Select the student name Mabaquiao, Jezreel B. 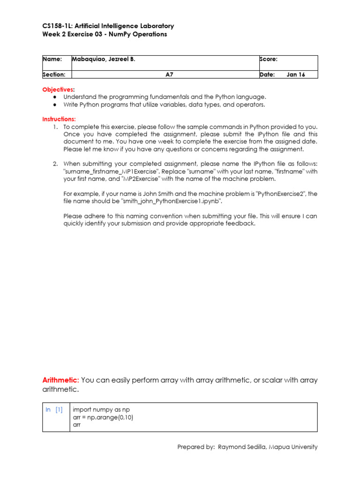click(103, 60)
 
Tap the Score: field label click(268, 60)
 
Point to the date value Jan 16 click(295, 75)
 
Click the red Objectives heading click(58, 89)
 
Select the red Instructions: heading click(59, 119)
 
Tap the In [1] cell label click(54, 409)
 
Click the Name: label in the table click(52, 60)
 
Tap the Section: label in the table click(54, 75)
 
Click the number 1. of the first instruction click(55, 127)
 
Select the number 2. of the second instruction click(55, 164)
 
